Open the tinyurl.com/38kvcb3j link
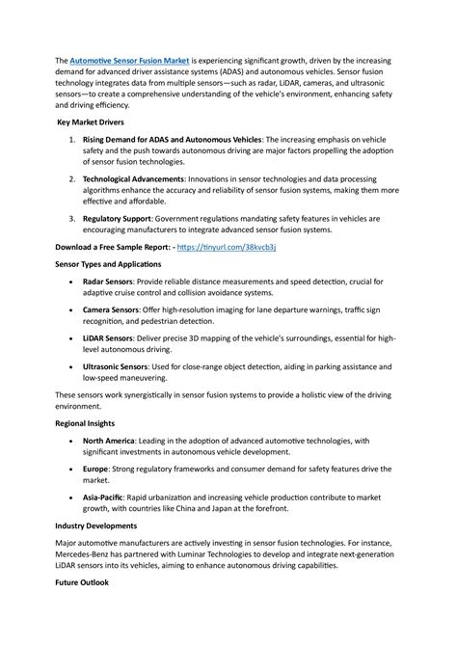234,247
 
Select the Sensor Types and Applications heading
108,263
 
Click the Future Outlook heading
82,583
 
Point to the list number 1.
73,141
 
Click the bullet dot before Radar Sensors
74,282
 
